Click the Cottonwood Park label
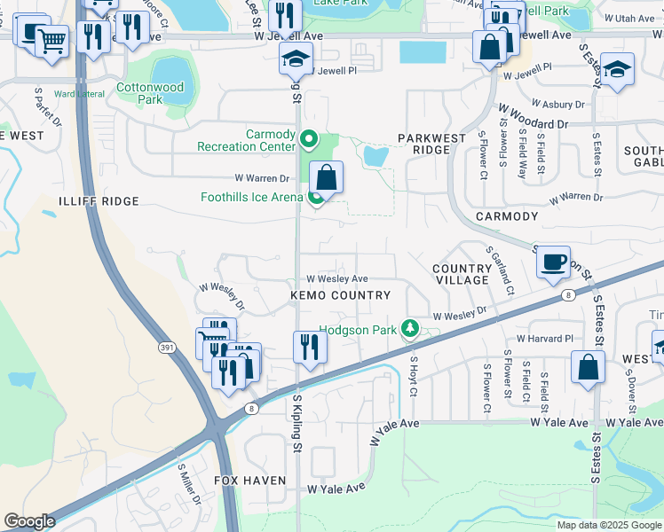pyautogui.click(x=150, y=94)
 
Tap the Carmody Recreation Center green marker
pyautogui.click(x=309, y=138)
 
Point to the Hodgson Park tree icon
pyautogui.click(x=409, y=329)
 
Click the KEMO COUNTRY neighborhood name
pyautogui.click(x=340, y=295)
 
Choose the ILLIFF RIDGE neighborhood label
pyautogui.click(x=99, y=201)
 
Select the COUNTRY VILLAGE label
pyautogui.click(x=462, y=274)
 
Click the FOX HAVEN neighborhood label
pyautogui.click(x=250, y=481)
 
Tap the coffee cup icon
pyautogui.click(x=553, y=262)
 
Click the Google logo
pyautogui.click(x=29, y=520)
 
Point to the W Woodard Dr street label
pyautogui.click(x=533, y=116)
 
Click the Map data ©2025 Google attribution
pyautogui.click(x=608, y=525)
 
